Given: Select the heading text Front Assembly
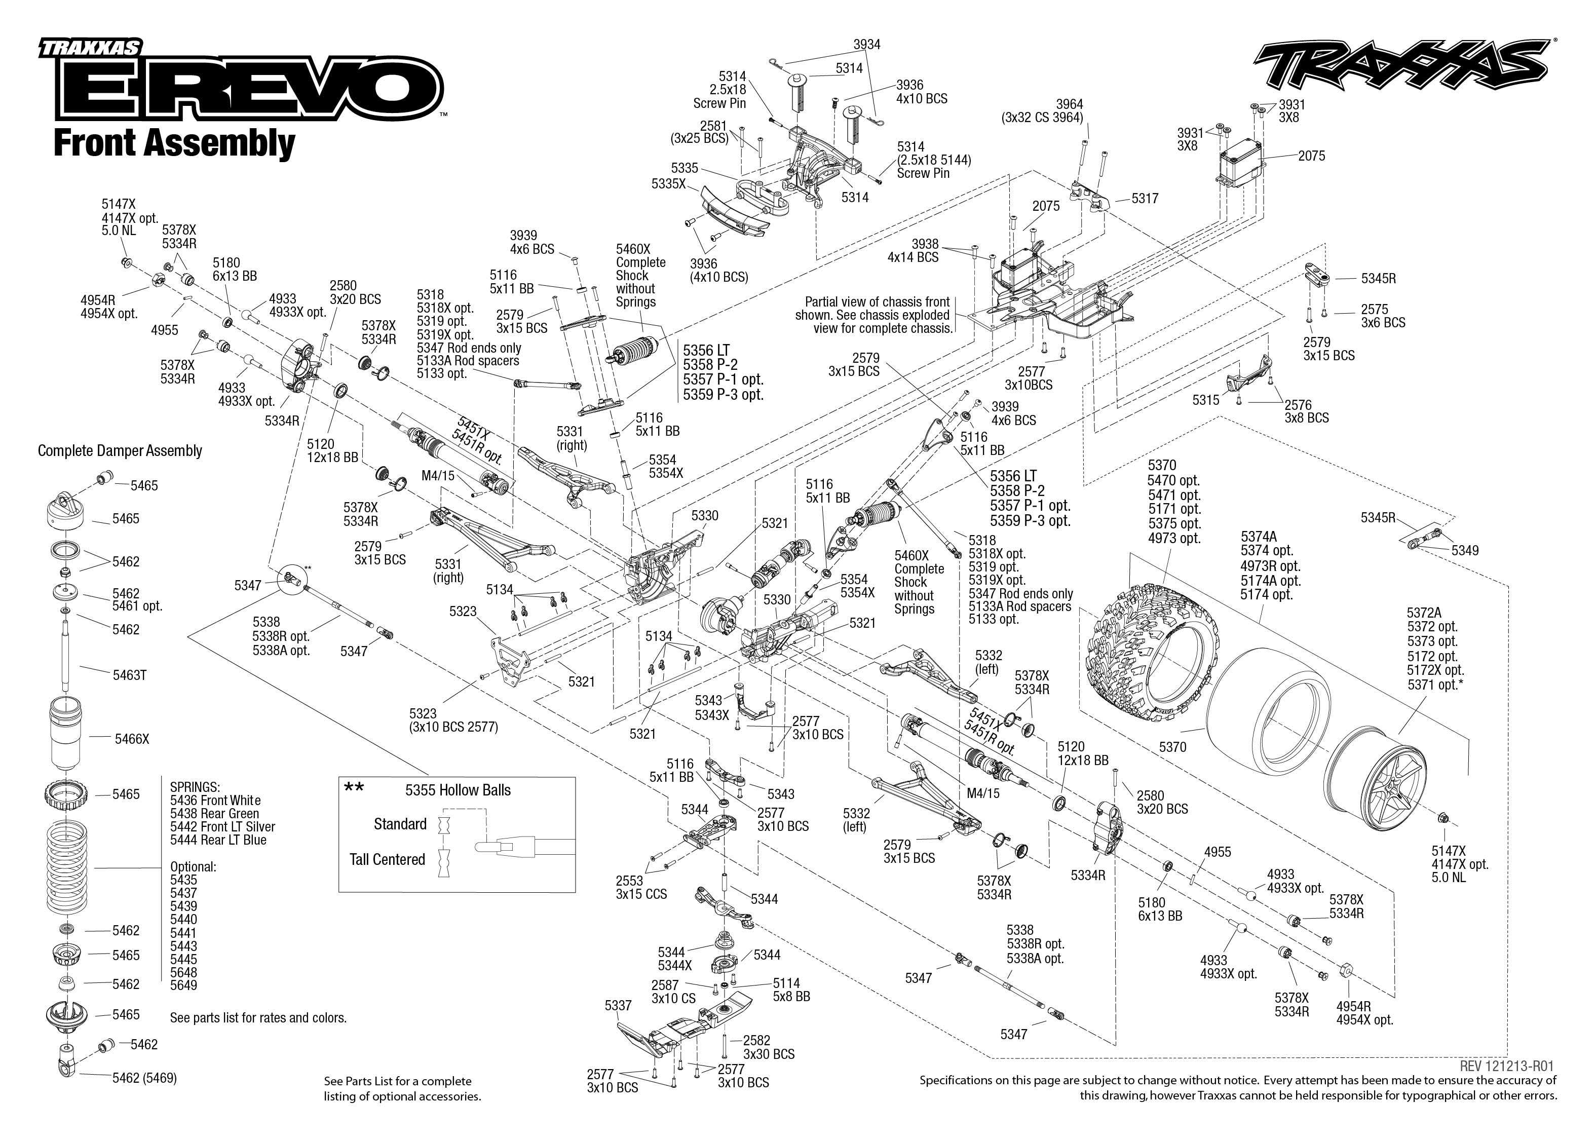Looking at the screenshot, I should coord(174,143).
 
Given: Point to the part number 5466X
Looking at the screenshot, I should coord(132,739).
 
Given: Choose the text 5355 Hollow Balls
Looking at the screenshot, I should coord(458,790).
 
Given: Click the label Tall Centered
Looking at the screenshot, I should coord(388,860).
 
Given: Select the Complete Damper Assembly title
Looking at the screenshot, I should coord(120,450).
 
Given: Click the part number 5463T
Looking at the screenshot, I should coord(129,675).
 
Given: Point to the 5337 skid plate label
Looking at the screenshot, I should coord(618,1006).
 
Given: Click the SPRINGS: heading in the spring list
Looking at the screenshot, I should coord(195,787).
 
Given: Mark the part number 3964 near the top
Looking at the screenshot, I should coord(1069,104).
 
